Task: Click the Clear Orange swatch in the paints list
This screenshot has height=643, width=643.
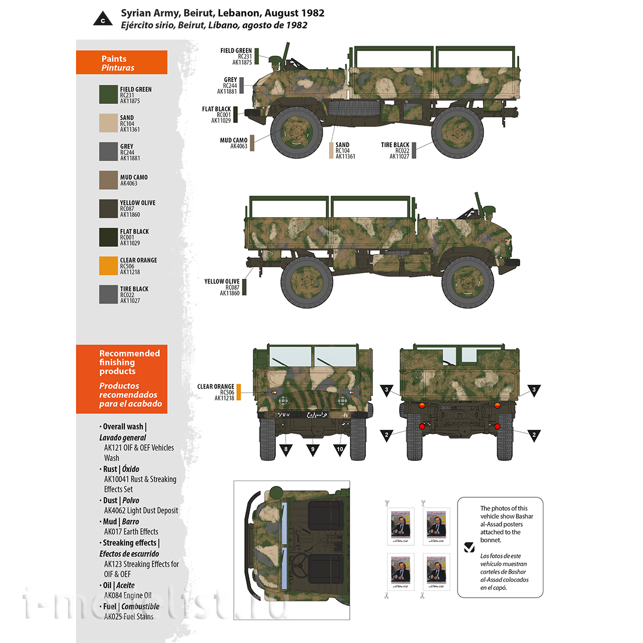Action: tap(108, 266)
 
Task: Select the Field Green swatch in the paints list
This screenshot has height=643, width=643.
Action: tap(108, 94)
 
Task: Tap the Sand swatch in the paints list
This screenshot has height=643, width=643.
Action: tap(108, 123)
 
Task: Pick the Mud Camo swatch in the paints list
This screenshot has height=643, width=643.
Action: tap(108, 180)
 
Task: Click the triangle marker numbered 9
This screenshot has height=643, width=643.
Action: tap(313, 448)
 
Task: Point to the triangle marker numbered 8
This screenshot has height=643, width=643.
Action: tap(286, 448)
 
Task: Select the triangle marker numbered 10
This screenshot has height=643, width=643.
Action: tap(340, 448)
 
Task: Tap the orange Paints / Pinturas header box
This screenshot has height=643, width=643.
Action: tap(122, 63)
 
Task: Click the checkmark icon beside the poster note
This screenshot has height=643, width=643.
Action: tap(469, 547)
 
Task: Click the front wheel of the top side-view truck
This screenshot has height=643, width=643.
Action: tap(296, 132)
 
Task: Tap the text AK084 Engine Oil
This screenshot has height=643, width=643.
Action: tap(128, 595)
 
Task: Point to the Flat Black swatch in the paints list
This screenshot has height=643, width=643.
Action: tap(108, 237)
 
